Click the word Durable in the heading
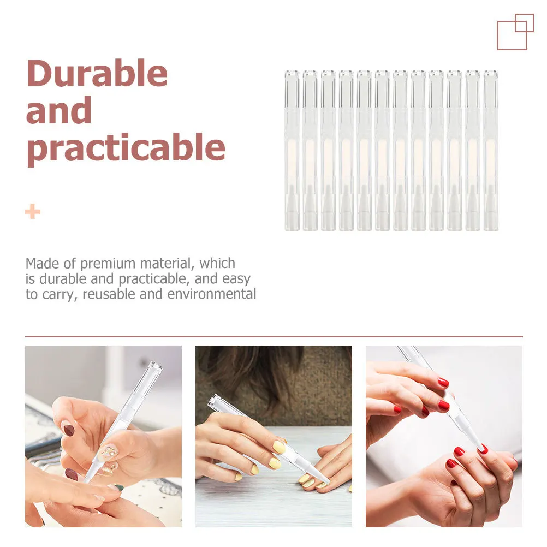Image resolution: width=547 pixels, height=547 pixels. pyautogui.click(x=97, y=74)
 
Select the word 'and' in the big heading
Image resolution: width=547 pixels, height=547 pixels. pyautogui.click(x=58, y=111)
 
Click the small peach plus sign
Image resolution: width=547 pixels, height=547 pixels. pyautogui.click(x=33, y=211)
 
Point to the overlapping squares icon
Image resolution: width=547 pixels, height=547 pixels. pyautogui.click(x=515, y=32)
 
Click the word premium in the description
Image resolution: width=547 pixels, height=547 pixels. pyautogui.click(x=107, y=264)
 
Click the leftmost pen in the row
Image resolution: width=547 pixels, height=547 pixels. pyautogui.click(x=292, y=150)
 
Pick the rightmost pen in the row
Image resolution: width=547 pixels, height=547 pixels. pyautogui.click(x=490, y=150)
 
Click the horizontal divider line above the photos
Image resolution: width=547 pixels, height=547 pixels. pyautogui.click(x=273, y=337)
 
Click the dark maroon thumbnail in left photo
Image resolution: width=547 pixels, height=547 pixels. pyautogui.click(x=68, y=430)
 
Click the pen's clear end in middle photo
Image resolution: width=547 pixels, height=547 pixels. pyautogui.click(x=217, y=403)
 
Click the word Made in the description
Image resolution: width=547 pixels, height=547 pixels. pyautogui.click(x=42, y=264)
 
